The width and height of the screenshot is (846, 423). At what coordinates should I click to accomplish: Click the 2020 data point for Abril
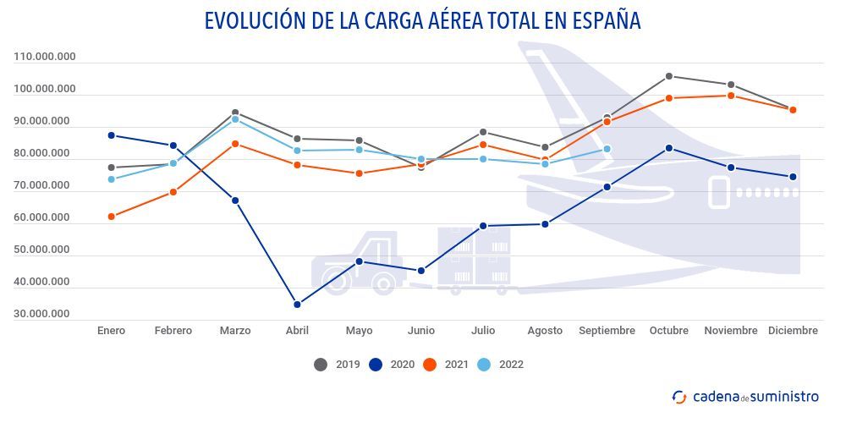pyautogui.click(x=297, y=305)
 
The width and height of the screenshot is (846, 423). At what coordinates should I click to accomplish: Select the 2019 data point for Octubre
pyautogui.click(x=669, y=76)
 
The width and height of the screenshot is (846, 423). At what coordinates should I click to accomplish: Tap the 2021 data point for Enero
pyautogui.click(x=111, y=217)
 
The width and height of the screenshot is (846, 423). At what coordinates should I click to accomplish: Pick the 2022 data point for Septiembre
pyautogui.click(x=607, y=149)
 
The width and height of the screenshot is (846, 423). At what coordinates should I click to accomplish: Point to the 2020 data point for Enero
pyautogui.click(x=111, y=135)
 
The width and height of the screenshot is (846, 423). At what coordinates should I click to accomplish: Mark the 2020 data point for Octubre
pyautogui.click(x=669, y=148)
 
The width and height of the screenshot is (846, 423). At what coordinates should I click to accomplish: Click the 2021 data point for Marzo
pyautogui.click(x=235, y=144)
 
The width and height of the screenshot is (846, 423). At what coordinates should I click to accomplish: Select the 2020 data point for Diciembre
pyautogui.click(x=793, y=177)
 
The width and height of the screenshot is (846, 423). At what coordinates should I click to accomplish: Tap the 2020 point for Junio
pyautogui.click(x=421, y=271)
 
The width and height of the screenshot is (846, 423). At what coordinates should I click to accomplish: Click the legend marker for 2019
pyautogui.click(x=321, y=365)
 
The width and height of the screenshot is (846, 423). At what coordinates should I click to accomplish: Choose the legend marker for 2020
pyautogui.click(x=376, y=365)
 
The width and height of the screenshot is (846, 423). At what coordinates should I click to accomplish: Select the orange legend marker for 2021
pyautogui.click(x=430, y=365)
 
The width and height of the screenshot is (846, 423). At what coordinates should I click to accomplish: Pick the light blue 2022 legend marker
pyautogui.click(x=485, y=365)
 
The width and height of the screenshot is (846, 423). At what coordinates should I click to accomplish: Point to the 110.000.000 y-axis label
pyautogui.click(x=45, y=57)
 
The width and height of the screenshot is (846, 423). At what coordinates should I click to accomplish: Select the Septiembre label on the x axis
pyautogui.click(x=607, y=331)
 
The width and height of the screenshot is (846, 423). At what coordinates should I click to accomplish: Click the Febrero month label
pyautogui.click(x=173, y=331)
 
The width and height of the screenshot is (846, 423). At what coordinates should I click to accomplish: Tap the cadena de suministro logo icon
pyautogui.click(x=679, y=396)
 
